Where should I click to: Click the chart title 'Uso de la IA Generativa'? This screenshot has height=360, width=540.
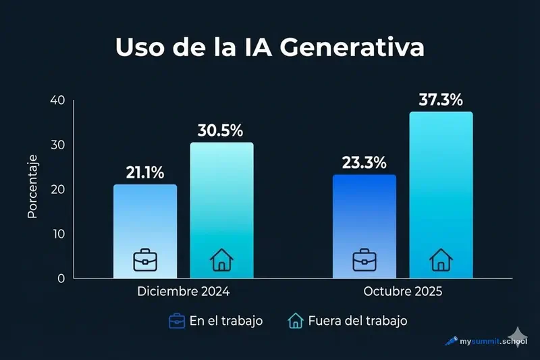(270, 49)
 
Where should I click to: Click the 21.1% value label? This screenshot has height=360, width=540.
(145, 173)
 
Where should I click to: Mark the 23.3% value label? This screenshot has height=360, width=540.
(364, 163)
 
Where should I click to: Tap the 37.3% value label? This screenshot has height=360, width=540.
(441, 100)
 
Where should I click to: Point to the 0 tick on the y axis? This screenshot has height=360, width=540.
(61, 278)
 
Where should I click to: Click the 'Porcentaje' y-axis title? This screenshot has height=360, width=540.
(32, 186)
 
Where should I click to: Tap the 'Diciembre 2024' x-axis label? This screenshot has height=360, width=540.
(184, 292)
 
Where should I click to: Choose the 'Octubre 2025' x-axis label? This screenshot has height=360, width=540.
(403, 292)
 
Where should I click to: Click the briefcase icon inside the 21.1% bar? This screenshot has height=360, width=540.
(144, 259)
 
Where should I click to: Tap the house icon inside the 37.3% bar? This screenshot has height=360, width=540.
(441, 259)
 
